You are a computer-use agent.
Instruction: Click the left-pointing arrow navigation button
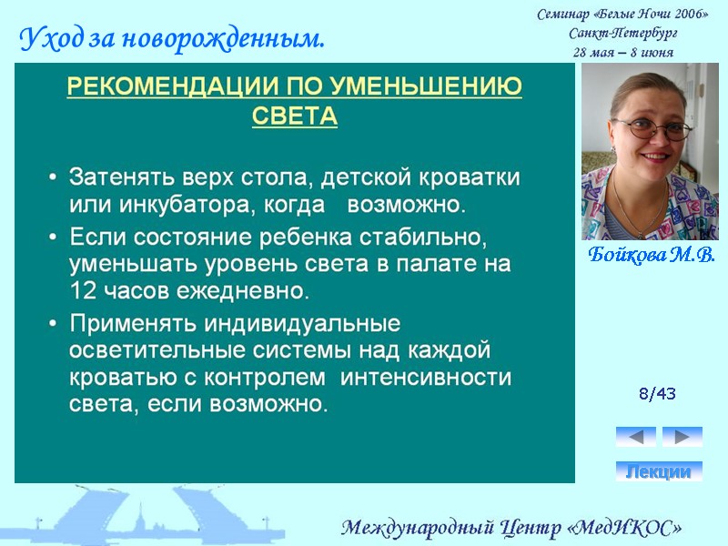(x=635, y=437)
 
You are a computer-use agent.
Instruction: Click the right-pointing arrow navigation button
(x=682, y=437)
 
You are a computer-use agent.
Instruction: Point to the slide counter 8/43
(x=657, y=394)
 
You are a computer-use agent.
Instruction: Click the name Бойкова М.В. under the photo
(x=651, y=255)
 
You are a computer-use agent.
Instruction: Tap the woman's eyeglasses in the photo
(x=652, y=128)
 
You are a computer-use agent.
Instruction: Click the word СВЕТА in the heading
(x=294, y=117)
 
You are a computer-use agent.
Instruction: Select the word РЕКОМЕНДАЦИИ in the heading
(x=168, y=87)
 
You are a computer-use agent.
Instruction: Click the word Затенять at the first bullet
(x=113, y=176)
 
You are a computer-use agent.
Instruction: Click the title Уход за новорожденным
(x=171, y=39)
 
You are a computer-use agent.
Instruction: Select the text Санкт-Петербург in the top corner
(x=623, y=33)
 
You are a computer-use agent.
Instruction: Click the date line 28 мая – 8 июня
(x=623, y=52)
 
